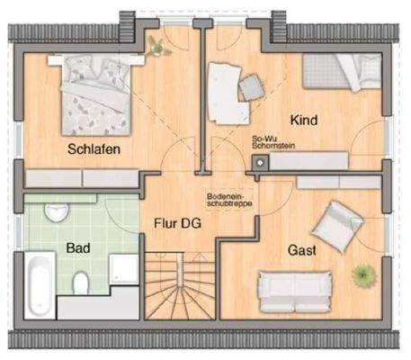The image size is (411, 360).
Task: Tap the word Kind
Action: [x=303, y=119]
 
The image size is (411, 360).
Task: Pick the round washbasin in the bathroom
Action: [x=58, y=213]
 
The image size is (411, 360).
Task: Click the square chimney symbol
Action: [x=261, y=163]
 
